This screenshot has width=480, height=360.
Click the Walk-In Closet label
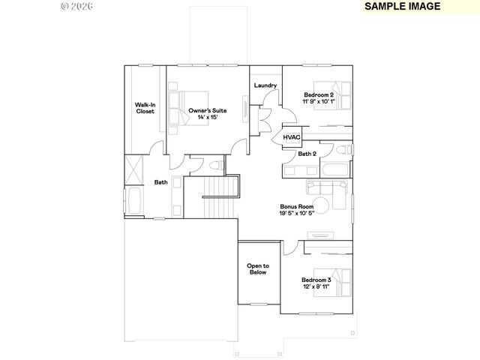pyautogui.click(x=145, y=108)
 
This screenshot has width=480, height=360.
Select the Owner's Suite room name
pyautogui.click(x=207, y=110)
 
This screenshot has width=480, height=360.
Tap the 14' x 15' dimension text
pyautogui.click(x=207, y=118)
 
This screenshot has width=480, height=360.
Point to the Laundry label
pyautogui.click(x=265, y=85)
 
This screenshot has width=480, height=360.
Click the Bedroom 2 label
pyautogui.click(x=319, y=94)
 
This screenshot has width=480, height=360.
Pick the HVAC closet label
pyautogui.click(x=292, y=136)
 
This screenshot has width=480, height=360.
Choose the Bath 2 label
pyautogui.click(x=307, y=154)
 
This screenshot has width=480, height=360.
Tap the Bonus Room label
pyautogui.click(x=296, y=206)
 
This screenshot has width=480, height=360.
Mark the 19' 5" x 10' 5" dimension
pyautogui.click(x=296, y=214)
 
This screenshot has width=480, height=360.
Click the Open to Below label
pyautogui.click(x=258, y=269)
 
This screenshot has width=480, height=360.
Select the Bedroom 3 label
pyautogui.click(x=316, y=280)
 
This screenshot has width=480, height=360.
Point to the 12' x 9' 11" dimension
pyautogui.click(x=316, y=287)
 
